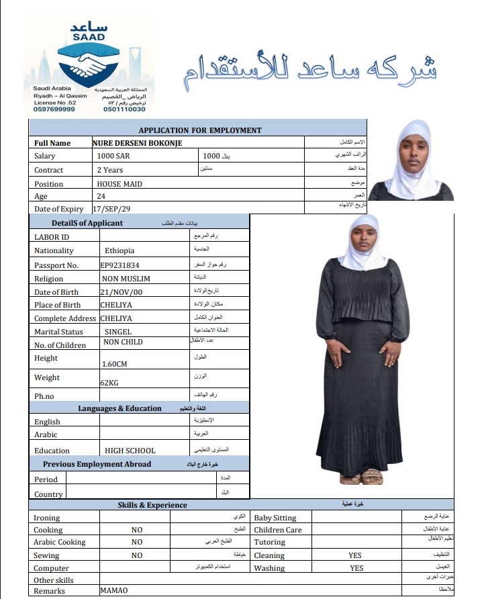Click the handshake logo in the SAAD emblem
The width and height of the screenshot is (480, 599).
click(89, 66)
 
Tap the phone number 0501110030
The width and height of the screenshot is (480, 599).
click(126, 109)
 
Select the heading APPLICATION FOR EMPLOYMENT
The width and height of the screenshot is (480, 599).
click(200, 130)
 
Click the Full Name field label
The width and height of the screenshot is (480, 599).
click(52, 143)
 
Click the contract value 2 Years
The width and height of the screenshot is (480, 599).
click(110, 170)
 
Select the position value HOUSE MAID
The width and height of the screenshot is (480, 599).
click(119, 183)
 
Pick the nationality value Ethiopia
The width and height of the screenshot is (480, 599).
click(119, 250)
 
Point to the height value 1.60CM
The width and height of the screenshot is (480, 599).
click(114, 364)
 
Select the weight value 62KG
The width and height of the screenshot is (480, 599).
click(109, 382)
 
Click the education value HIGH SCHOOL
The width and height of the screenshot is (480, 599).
click(130, 451)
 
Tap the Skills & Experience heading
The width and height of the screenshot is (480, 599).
click(152, 505)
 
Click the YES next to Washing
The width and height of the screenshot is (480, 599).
click(356, 568)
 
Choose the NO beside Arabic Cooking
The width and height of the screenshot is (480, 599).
click(137, 542)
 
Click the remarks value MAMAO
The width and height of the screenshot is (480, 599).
click(113, 591)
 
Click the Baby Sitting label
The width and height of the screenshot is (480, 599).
click(275, 518)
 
